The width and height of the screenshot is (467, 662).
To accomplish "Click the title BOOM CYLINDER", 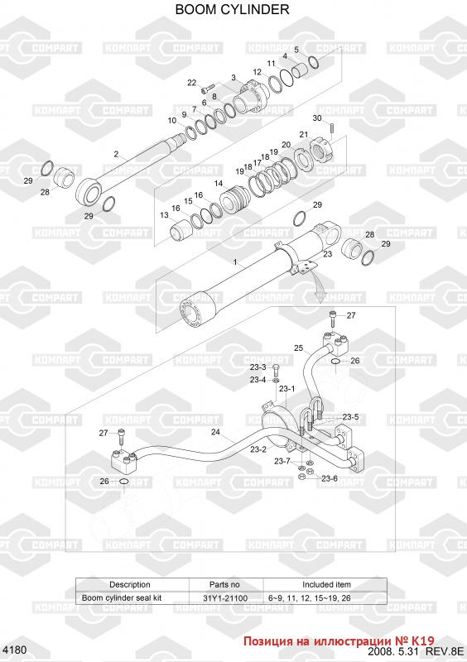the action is [x=232, y=9].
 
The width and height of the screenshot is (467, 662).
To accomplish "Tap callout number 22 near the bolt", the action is [x=192, y=83].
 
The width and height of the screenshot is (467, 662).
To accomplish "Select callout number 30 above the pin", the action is [x=317, y=118].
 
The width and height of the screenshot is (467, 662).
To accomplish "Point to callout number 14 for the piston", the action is [x=219, y=184].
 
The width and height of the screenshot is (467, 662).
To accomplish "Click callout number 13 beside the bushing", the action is [x=165, y=215].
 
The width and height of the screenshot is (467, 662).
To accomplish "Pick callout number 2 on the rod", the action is [x=116, y=154].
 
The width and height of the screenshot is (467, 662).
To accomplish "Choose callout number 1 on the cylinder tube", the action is [x=235, y=262].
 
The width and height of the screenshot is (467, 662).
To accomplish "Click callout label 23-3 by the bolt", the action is [x=258, y=367].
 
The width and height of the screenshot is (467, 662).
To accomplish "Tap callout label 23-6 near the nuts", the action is [x=330, y=478].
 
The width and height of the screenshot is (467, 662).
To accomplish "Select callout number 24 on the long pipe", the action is [x=215, y=432].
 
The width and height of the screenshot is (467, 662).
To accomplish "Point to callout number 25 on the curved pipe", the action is [x=299, y=348].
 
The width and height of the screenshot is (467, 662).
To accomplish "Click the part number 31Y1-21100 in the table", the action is [x=225, y=597].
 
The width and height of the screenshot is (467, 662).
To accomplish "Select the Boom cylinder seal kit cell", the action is [x=122, y=597].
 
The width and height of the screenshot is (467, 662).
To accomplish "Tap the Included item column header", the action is [x=326, y=585].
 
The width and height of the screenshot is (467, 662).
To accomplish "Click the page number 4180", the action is [x=14, y=650].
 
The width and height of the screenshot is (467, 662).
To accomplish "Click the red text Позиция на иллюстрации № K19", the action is [x=339, y=641].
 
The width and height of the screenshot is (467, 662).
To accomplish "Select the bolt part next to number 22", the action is [x=208, y=88].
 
